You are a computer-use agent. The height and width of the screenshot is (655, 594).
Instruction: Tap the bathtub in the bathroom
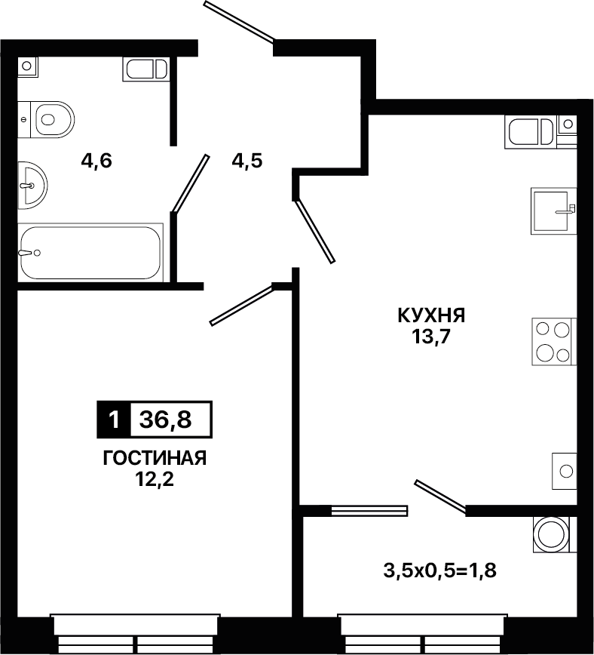pyautogui.click(x=90, y=252)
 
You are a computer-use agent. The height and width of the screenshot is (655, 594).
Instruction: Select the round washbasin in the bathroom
pyautogui.click(x=32, y=186)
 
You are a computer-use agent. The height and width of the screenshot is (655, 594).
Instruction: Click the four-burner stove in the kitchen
pyautogui.click(x=554, y=342)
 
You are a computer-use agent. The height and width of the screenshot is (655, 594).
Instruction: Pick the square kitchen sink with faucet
pyautogui.click(x=554, y=211)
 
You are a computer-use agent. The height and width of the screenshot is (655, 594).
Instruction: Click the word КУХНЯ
pyautogui.click(x=431, y=315)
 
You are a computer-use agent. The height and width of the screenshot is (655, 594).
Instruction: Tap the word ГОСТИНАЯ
pyautogui.click(x=155, y=458)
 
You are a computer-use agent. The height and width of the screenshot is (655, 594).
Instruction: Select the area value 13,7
pyautogui.click(x=431, y=337)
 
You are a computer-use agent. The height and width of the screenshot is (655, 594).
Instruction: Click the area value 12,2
pyautogui.click(x=154, y=480)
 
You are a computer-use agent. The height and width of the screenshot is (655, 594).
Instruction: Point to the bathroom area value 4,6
pyautogui.click(x=96, y=161)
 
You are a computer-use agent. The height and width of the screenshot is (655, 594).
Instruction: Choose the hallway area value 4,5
pyautogui.click(x=247, y=161)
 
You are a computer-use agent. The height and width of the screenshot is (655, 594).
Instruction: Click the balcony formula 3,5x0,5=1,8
pyautogui.click(x=440, y=570)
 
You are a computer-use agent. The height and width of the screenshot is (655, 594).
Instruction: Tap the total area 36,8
pyautogui.click(x=166, y=420)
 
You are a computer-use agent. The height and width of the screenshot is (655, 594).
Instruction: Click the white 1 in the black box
pyautogui.click(x=114, y=420)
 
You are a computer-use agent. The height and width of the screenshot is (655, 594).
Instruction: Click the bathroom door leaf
pyautogui.click(x=191, y=183)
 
